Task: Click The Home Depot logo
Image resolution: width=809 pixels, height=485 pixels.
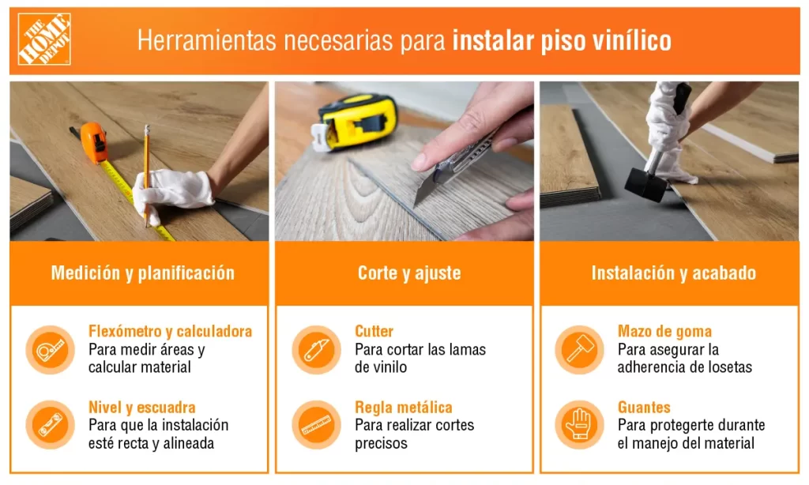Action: (44, 39)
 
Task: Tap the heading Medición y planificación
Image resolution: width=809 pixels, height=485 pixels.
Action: (143, 273)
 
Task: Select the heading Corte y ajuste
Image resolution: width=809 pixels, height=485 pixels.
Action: (409, 273)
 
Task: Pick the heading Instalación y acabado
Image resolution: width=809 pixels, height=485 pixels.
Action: (674, 273)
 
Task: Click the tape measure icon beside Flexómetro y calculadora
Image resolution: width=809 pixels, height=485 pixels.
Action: (50, 350)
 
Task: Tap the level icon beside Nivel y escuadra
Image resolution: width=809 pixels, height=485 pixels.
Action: (50, 425)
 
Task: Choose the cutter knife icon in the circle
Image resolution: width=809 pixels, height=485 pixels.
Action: (316, 350)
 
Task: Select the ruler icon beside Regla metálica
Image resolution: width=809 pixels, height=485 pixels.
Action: (316, 425)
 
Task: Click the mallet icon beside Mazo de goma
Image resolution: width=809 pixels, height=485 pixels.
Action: (579, 350)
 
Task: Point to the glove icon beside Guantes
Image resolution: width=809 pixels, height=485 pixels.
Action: (579, 425)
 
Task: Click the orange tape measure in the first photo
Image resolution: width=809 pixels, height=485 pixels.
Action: (94, 142)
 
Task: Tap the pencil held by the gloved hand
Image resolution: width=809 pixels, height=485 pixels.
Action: (146, 175)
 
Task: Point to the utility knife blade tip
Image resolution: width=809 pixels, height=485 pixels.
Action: (415, 205)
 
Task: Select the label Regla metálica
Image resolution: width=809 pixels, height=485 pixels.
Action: (404, 408)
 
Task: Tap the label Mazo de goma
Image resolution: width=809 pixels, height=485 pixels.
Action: (664, 331)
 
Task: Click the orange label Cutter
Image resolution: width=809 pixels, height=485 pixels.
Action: (374, 331)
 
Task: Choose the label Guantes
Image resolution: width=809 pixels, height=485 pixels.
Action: (644, 408)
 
